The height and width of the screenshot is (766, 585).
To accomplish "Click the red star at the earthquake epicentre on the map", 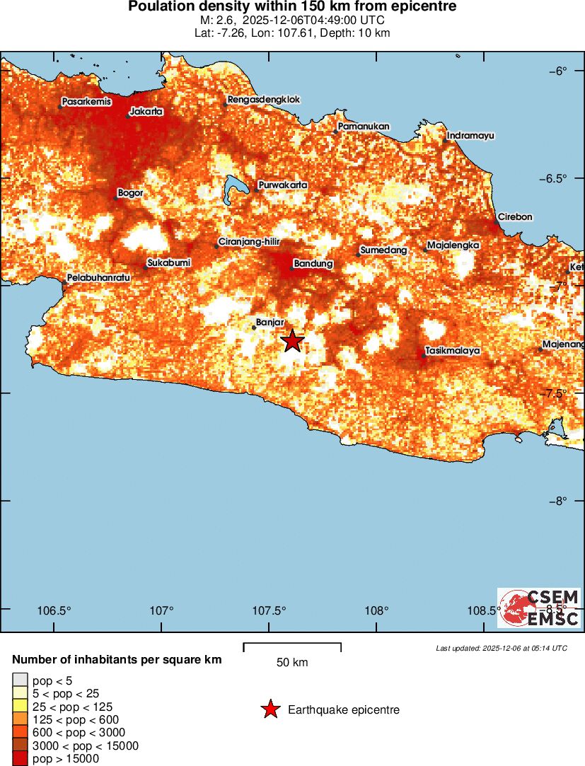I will (292, 341).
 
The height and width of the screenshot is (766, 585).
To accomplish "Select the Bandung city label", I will (313, 264).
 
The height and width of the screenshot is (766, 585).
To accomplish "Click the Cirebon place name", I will (515, 216).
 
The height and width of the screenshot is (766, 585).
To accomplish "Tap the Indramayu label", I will (471, 135).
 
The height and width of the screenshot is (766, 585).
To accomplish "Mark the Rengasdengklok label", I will (263, 100).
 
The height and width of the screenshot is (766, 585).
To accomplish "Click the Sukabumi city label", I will (169, 262).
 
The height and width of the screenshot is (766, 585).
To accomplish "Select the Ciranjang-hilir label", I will (250, 242).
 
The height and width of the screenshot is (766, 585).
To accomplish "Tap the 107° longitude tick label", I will (162, 610).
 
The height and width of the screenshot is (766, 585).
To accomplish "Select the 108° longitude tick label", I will (376, 610).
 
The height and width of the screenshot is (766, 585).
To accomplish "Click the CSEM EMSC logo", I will (539, 608).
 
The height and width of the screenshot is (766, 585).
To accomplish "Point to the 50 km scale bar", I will (292, 647).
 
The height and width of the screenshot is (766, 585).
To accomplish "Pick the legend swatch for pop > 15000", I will (19, 759).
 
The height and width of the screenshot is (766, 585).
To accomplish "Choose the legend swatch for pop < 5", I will (19, 680).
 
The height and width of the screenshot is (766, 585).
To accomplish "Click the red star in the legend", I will (270, 709).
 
